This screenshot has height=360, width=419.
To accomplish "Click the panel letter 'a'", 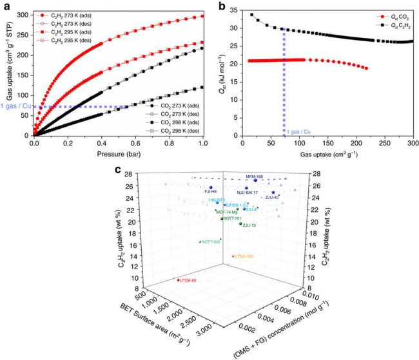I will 5,5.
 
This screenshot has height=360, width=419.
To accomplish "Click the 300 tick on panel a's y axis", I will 25,14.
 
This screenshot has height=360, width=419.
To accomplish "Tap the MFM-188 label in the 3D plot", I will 255,176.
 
